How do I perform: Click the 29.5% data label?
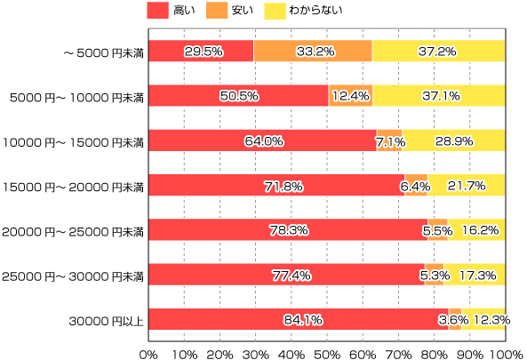pyautogui.click(x=203, y=52)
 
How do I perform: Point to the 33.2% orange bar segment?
pyautogui.click(x=313, y=52)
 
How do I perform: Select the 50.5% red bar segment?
pyautogui.click(x=238, y=96)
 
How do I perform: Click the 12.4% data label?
pyautogui.click(x=350, y=96)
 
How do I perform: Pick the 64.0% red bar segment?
pyautogui.click(x=262, y=140)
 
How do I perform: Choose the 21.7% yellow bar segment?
pyautogui.click(x=467, y=185)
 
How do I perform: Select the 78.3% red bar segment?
pyautogui.click(x=288, y=230)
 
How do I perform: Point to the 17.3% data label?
pyautogui.click(x=476, y=275)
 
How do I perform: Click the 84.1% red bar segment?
pyautogui.click(x=298, y=319)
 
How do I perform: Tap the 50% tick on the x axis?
pyautogui.click(x=327, y=353)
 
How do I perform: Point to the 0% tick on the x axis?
pyautogui.click(x=148, y=353)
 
